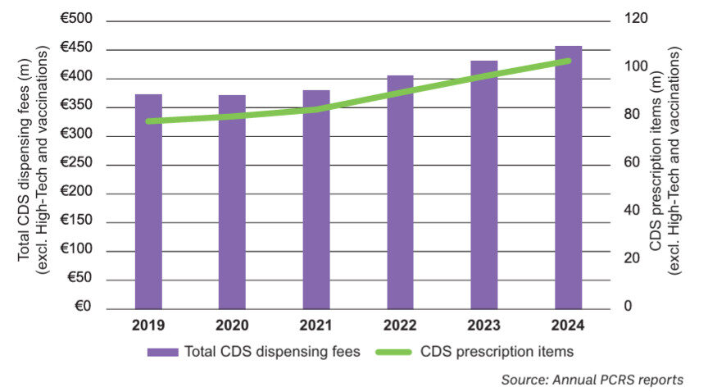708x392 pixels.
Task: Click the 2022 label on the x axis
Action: click(x=400, y=326)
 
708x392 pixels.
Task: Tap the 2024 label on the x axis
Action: click(x=568, y=326)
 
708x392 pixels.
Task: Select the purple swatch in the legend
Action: click(x=163, y=353)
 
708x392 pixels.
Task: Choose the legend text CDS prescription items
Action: click(x=497, y=353)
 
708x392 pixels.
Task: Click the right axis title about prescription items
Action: click(x=665, y=160)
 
